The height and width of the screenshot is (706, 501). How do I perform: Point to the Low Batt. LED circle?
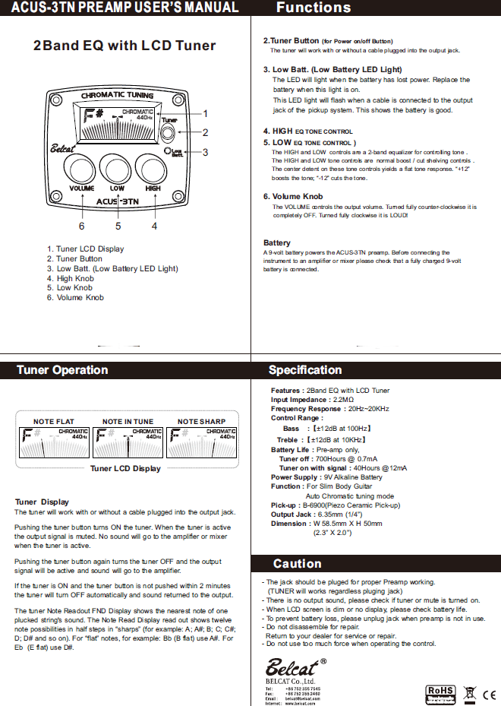(168, 150)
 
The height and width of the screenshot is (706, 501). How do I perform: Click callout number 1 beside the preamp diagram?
(205, 113)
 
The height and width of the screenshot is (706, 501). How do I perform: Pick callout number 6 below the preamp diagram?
(81, 226)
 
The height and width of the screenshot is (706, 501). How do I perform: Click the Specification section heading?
(305, 371)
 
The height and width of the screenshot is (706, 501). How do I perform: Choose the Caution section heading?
(297, 564)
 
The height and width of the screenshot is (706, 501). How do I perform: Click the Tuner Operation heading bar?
(63, 371)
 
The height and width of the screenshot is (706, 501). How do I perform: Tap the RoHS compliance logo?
(440, 693)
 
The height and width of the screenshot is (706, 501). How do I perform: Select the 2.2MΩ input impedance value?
(343, 399)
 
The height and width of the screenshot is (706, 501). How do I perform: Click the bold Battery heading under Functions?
(277, 243)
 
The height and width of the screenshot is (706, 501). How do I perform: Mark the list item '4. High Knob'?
(70, 278)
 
